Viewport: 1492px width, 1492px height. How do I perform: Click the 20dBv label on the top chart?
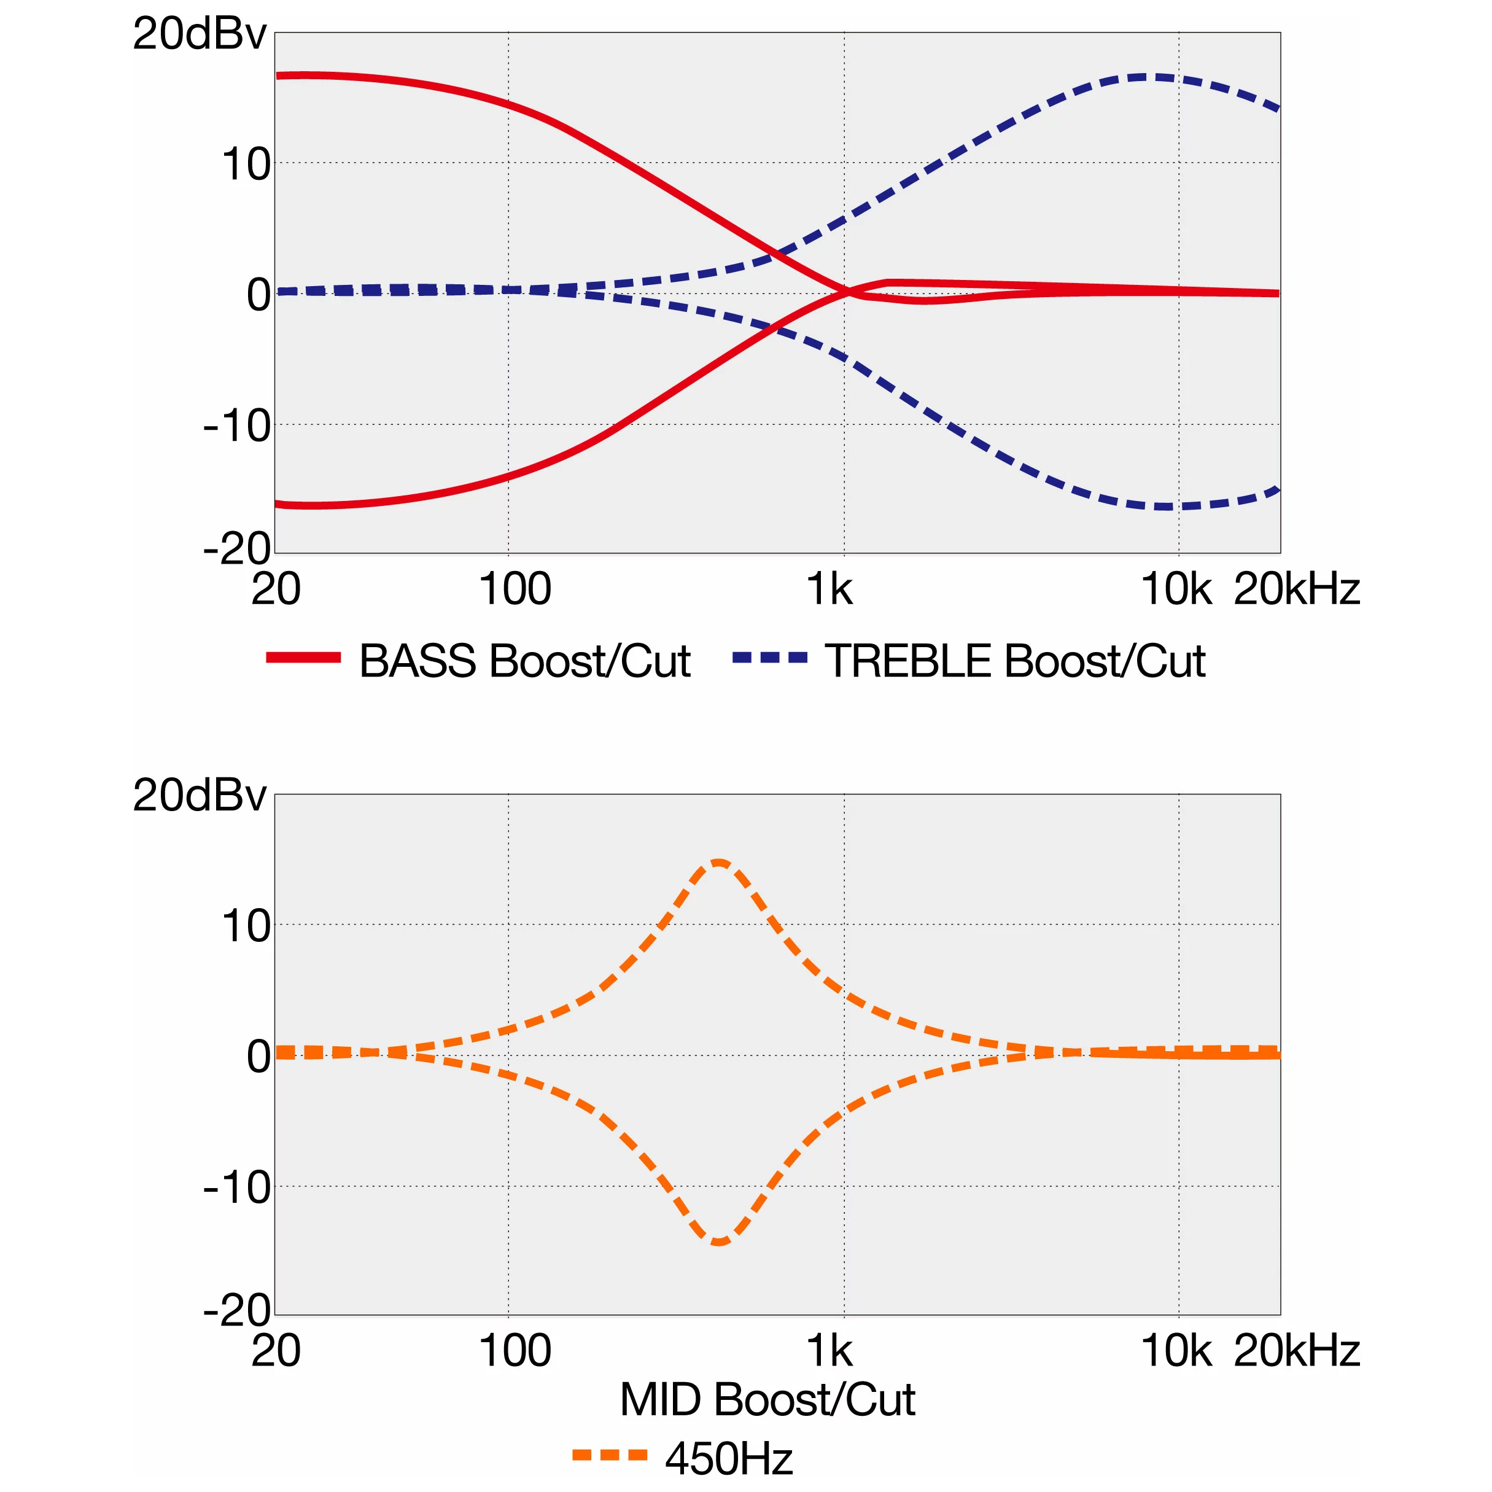200,35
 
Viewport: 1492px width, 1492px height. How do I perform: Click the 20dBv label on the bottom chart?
200,795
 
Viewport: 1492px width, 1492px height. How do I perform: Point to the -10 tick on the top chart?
237,425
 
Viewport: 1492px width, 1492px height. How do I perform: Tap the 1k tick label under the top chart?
830,590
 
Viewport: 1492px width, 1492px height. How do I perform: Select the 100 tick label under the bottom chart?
515,1351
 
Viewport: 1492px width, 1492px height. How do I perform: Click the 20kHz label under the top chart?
1296,590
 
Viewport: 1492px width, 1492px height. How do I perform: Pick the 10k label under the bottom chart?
1175,1351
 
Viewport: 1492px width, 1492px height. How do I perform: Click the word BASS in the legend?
418,661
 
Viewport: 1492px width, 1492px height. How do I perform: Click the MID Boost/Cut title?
767,1399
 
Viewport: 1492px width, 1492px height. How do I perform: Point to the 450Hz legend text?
728,1459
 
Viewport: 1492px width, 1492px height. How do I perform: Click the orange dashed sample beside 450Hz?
609,1456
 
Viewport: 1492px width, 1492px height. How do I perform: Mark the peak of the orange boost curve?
719,862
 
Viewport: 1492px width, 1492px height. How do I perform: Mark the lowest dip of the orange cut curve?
719,1241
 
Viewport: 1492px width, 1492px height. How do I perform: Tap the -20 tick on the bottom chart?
237,1310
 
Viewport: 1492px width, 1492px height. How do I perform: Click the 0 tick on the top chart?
258,295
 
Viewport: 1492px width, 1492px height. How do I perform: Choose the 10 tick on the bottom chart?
246,926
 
